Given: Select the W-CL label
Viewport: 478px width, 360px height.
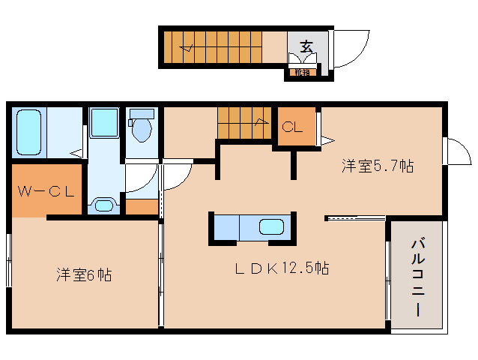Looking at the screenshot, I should pyautogui.click(x=46, y=190).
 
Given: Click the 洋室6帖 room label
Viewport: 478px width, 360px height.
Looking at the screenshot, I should pyautogui.click(x=83, y=275).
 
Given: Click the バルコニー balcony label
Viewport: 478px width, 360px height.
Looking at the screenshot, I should pyautogui.click(x=417, y=277).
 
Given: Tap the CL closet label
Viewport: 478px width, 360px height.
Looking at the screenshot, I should pyautogui.click(x=292, y=127).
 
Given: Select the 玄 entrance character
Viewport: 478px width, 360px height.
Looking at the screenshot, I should pyautogui.click(x=306, y=45).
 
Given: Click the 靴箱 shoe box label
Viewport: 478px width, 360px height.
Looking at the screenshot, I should pyautogui.click(x=301, y=73).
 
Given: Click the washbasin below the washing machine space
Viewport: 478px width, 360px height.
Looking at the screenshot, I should pyautogui.click(x=103, y=204).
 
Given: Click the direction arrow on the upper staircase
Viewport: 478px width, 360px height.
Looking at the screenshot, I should pyautogui.click(x=187, y=50).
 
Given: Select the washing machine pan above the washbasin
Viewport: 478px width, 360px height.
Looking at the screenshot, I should pyautogui.click(x=103, y=123).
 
